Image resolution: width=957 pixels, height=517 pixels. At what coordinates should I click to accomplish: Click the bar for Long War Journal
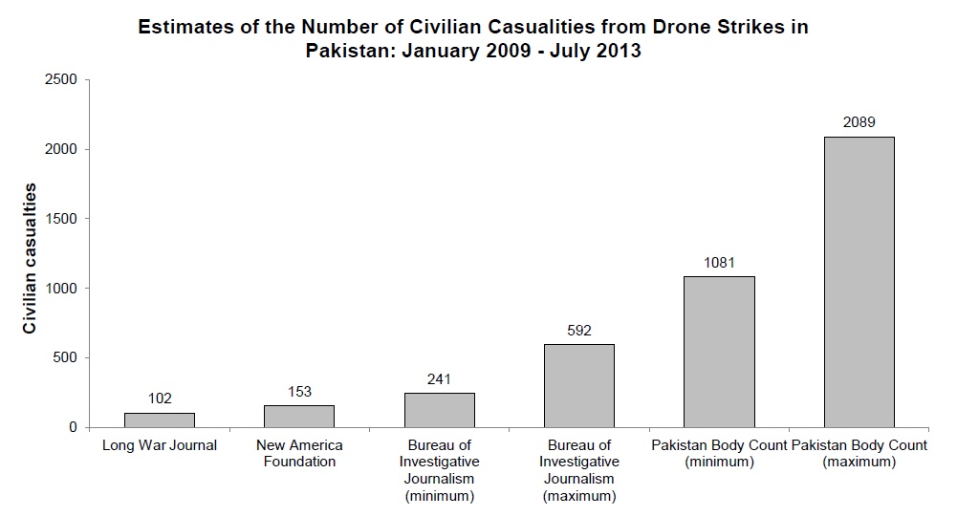160,420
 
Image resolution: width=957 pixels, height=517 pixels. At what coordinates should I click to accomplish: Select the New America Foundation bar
299,417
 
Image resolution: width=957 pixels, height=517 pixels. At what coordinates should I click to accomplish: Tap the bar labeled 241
440,410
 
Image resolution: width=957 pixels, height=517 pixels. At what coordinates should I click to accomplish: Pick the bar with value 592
579,386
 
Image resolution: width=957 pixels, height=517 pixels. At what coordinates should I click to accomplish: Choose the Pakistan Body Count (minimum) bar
719,352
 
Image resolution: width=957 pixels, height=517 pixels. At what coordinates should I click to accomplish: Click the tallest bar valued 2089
859,282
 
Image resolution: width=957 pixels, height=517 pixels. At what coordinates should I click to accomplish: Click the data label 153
299,393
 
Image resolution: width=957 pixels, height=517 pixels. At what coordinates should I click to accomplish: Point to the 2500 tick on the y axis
61,79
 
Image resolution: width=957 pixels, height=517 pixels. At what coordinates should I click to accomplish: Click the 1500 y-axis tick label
61,219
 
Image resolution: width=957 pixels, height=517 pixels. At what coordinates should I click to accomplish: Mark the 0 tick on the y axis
73,427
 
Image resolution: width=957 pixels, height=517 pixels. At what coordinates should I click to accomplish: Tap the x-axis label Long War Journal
160,446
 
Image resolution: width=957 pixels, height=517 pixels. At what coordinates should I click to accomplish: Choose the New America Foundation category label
299,454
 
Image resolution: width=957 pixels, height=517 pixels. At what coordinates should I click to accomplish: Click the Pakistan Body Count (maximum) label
859,454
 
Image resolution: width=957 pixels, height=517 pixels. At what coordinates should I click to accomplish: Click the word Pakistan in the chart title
346,52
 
